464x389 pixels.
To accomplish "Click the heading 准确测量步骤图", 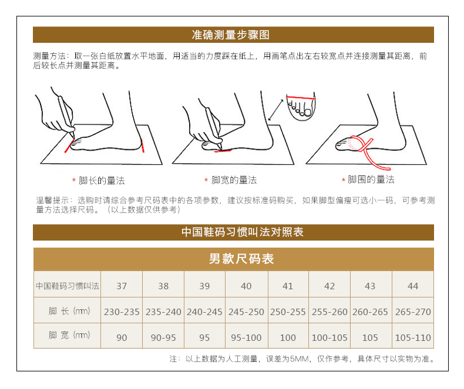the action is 230,35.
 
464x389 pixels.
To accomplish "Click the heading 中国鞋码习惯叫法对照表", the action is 243,232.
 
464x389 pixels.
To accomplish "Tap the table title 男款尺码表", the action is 241,259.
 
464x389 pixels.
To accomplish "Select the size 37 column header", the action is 122,286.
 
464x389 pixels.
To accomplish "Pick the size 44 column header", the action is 413,286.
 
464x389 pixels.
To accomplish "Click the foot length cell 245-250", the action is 246,312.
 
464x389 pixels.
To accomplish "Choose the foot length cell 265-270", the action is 413,312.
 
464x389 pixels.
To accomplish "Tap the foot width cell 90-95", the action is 163,337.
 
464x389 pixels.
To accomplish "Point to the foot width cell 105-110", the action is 413,337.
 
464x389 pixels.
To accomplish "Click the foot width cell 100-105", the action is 329,337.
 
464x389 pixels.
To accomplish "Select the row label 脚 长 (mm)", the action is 69,311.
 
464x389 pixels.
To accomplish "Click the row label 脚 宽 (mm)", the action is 69,335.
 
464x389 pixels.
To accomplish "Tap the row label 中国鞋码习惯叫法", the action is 68,286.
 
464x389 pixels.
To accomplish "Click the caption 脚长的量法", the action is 102,181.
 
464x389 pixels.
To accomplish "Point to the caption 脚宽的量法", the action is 234,180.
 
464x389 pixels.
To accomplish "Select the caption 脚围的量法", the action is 371,180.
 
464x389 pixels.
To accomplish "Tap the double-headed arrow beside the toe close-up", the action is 276,110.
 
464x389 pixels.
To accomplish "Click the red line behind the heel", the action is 143,146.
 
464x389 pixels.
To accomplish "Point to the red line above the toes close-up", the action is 301,97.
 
